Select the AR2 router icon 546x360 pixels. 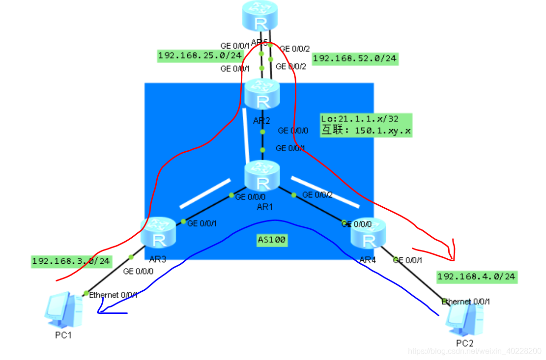click(x=262, y=95)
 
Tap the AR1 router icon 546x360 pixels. click(x=262, y=176)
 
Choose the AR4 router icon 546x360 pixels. click(x=368, y=234)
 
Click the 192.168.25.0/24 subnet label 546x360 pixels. click(x=200, y=55)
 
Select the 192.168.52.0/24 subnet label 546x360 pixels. click(x=355, y=58)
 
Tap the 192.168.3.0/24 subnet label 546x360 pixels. click(x=71, y=261)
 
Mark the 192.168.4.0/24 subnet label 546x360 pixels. click(x=476, y=277)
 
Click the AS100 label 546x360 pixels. click(x=272, y=240)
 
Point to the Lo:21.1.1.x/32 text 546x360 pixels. click(x=366, y=119)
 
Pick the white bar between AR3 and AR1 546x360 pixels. click(x=205, y=194)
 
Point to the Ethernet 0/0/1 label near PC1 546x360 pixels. click(x=114, y=295)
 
